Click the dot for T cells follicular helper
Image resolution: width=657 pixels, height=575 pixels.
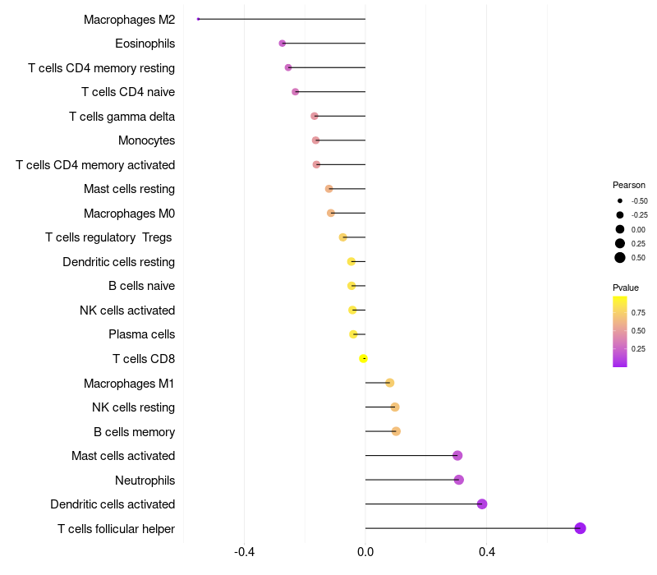(x=580, y=528)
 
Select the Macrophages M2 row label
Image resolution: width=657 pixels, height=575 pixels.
(x=129, y=19)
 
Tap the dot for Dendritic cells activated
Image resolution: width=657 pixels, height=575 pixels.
(x=482, y=504)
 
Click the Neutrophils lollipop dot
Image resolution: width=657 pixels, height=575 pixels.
(x=459, y=480)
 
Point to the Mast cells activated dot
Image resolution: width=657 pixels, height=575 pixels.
(x=457, y=456)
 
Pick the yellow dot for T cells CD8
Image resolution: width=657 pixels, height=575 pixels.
(x=364, y=358)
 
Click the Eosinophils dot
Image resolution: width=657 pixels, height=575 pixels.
(x=283, y=43)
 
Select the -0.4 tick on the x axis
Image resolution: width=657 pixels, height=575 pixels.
(x=244, y=552)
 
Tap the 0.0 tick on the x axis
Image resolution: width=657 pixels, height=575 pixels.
(x=365, y=552)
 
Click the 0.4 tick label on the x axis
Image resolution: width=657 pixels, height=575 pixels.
(x=486, y=552)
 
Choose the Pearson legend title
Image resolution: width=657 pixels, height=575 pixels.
(x=629, y=185)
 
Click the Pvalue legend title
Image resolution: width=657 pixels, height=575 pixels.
(x=626, y=287)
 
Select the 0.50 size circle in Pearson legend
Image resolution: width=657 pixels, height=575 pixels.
(x=620, y=258)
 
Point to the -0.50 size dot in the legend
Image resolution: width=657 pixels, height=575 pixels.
(x=620, y=200)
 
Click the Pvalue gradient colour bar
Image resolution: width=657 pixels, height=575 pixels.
(x=620, y=331)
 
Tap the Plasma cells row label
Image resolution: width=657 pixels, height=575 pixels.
(x=141, y=334)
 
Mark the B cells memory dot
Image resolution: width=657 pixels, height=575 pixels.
(x=396, y=431)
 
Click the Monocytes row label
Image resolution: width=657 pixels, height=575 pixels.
(x=146, y=140)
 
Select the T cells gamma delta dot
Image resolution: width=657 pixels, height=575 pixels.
(x=315, y=116)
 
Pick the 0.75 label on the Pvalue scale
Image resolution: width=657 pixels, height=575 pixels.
(x=638, y=313)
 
